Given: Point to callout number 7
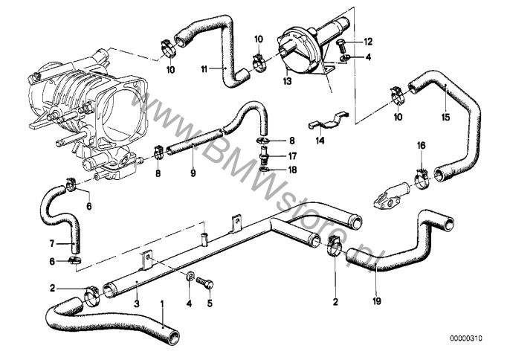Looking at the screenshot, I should pos(53,243).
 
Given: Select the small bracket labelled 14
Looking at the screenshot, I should pos(328,120).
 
